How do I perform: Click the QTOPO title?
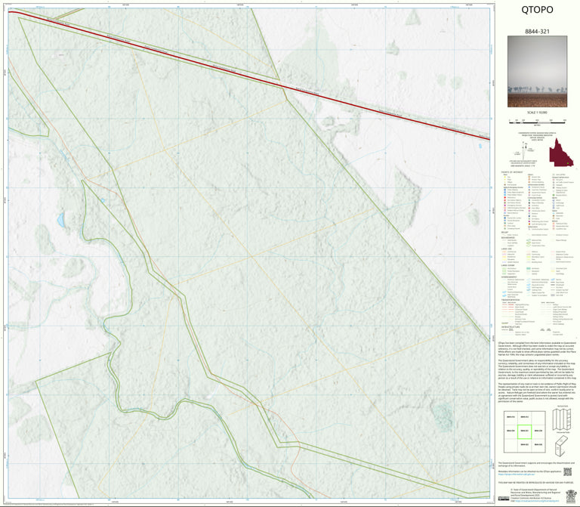click(537, 11)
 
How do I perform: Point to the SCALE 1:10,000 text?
click(537, 112)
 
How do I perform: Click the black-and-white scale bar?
click(537, 119)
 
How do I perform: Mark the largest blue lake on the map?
click(60, 220)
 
